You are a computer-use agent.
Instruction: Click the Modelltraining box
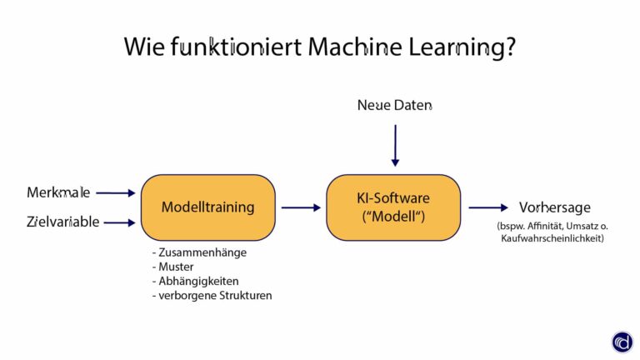(x=207, y=207)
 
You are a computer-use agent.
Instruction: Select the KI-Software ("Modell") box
(x=392, y=207)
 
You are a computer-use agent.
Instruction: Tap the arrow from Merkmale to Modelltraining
(x=115, y=193)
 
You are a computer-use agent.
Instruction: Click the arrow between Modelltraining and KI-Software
(x=301, y=207)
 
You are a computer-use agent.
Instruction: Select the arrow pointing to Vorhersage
(x=487, y=207)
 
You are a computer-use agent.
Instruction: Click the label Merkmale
(x=58, y=193)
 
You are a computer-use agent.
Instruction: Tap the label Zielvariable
(x=62, y=222)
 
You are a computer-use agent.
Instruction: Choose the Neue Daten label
(x=395, y=105)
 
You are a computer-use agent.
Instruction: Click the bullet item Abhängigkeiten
(x=195, y=281)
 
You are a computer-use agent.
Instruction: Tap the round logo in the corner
(x=622, y=342)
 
